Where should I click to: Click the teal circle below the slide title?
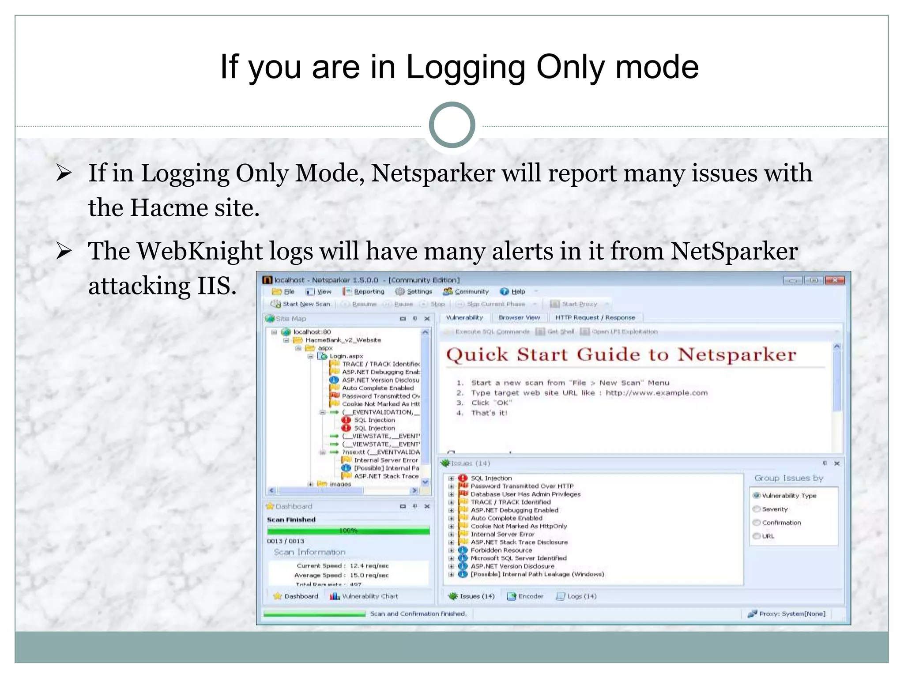[x=452, y=125]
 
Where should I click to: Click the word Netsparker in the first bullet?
[x=433, y=173]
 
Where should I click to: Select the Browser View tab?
[x=519, y=317]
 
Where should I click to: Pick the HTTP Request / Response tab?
[x=595, y=317]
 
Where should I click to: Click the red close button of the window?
[x=835, y=280]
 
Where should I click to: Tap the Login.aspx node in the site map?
[x=346, y=356]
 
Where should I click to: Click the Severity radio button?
[x=757, y=509]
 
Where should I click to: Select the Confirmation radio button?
[x=757, y=523]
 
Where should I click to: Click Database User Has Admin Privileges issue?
[x=525, y=494]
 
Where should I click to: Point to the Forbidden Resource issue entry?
[x=501, y=550]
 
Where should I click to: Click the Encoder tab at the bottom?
[x=530, y=596]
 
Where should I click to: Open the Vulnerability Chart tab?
[x=369, y=596]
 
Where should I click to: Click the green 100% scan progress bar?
[x=348, y=530]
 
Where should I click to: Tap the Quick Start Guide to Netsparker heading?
[x=621, y=355]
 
